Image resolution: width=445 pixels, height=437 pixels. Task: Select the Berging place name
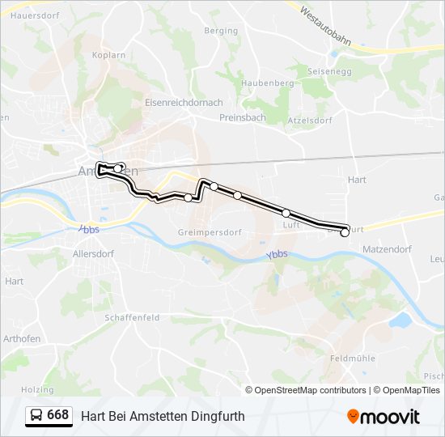[x=221, y=31]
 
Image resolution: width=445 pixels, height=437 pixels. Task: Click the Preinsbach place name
[x=243, y=117]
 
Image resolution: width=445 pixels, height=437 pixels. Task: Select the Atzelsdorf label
[x=309, y=121]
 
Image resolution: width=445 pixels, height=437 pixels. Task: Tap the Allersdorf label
[x=94, y=253]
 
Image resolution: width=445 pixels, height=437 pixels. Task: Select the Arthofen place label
[x=22, y=337]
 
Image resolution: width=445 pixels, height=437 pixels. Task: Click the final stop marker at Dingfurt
[x=345, y=232]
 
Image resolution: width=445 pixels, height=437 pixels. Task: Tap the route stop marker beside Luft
[x=286, y=213]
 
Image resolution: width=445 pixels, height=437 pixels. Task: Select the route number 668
[x=57, y=415]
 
